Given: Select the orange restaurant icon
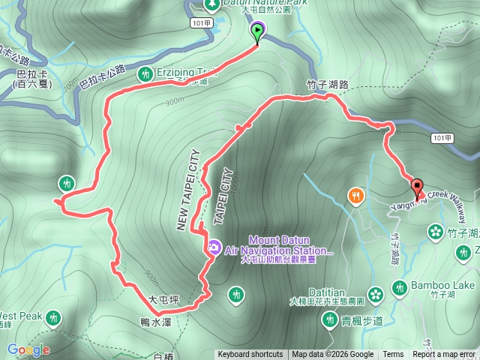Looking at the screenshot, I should (x=355, y=196).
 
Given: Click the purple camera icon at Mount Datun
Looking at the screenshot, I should (x=213, y=247).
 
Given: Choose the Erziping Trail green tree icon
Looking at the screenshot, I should (x=144, y=74).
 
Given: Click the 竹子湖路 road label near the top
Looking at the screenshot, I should (x=328, y=85).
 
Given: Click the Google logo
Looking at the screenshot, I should (x=28, y=349).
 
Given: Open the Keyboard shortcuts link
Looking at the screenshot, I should (x=250, y=355).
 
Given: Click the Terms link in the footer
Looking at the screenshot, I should (x=393, y=355).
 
